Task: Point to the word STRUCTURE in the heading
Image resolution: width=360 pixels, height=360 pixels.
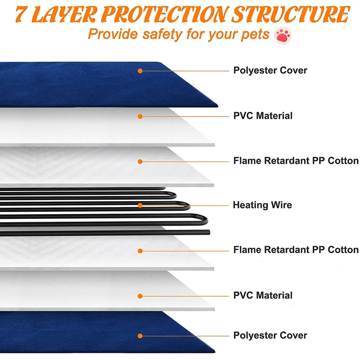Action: pos(288,14)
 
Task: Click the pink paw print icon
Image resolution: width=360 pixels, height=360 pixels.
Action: pos(281,35)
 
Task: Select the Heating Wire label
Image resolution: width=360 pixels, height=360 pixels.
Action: pos(262,205)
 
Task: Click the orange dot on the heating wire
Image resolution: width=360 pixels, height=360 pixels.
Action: pos(140,205)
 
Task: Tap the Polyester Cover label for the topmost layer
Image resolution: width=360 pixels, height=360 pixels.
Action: pos(270,70)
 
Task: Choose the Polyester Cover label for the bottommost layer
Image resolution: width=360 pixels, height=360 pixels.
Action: pos(270,336)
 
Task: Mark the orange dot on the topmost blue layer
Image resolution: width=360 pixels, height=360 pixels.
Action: pos(140,71)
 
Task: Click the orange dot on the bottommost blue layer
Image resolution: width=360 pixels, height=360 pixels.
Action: pos(140,336)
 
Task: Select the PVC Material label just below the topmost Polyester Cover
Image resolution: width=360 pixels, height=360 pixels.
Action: pos(263,116)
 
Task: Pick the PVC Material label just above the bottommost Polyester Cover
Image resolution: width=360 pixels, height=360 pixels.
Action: pos(263,295)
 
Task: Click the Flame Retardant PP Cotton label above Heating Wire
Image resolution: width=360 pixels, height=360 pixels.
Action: pos(296,160)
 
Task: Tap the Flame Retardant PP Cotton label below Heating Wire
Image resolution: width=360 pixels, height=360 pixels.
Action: pos(296,250)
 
